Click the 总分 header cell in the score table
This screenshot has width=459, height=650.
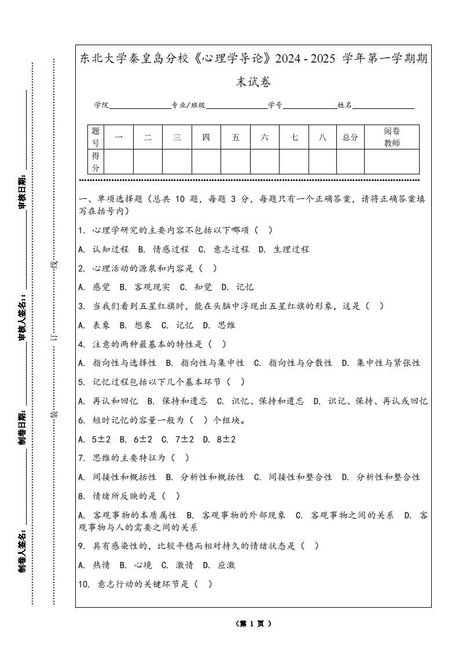(x=350, y=138)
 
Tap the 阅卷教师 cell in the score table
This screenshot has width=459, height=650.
(x=392, y=137)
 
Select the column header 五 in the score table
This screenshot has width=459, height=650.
(x=236, y=138)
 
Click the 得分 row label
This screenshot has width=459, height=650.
(x=96, y=162)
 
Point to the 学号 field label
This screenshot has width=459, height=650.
(x=275, y=105)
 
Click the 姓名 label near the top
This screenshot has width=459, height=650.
(x=345, y=105)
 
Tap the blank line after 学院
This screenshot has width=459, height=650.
(x=139, y=106)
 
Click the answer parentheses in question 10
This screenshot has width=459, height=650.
(x=203, y=584)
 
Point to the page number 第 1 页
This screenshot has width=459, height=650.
(x=254, y=623)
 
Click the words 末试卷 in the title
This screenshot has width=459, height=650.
(x=254, y=82)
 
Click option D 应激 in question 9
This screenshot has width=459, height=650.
(x=219, y=565)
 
